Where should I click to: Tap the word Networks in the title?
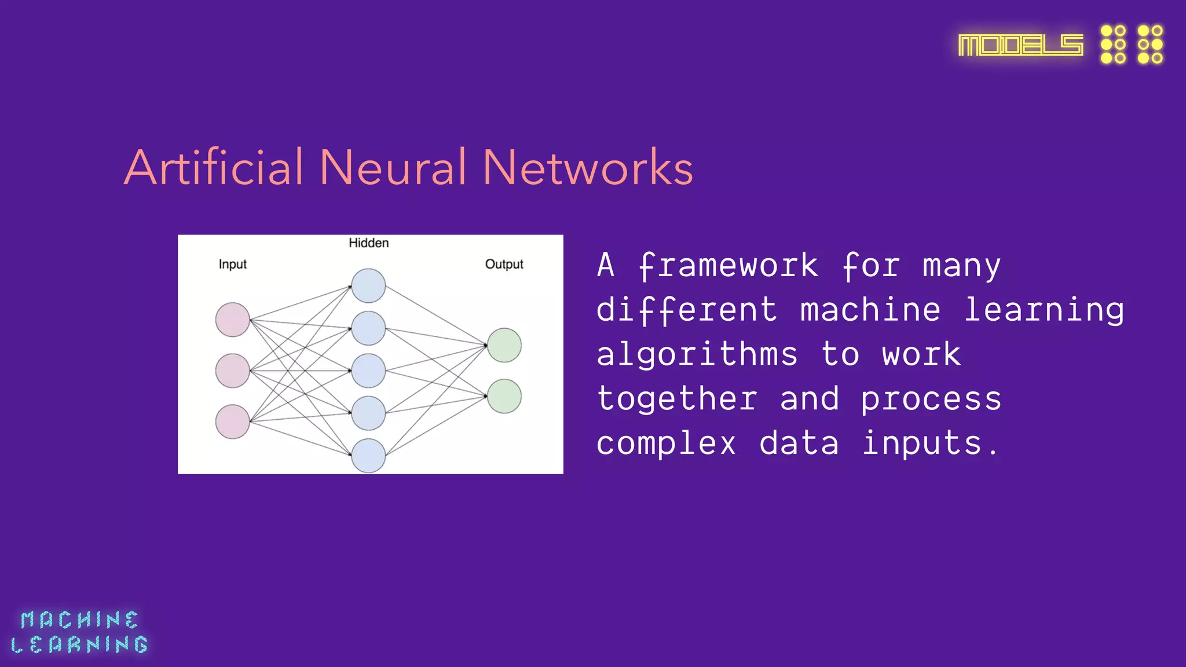click(x=587, y=168)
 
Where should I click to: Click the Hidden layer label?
click(x=368, y=243)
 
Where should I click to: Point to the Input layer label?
click(x=232, y=265)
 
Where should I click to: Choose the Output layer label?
click(x=504, y=265)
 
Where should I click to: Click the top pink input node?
click(x=232, y=320)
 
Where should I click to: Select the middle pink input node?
click(x=232, y=371)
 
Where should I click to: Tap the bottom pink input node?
click(x=232, y=422)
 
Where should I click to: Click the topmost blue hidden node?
click(x=368, y=285)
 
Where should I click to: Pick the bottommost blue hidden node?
click(x=368, y=456)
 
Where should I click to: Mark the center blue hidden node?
click(x=368, y=371)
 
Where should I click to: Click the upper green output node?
click(x=504, y=345)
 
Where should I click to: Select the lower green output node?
click(x=504, y=396)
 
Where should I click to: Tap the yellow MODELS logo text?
click(x=1020, y=45)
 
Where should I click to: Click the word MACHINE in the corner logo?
click(x=79, y=620)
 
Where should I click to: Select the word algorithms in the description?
click(x=697, y=355)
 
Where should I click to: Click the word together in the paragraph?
click(x=677, y=399)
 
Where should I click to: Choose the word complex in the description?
click(x=666, y=444)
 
